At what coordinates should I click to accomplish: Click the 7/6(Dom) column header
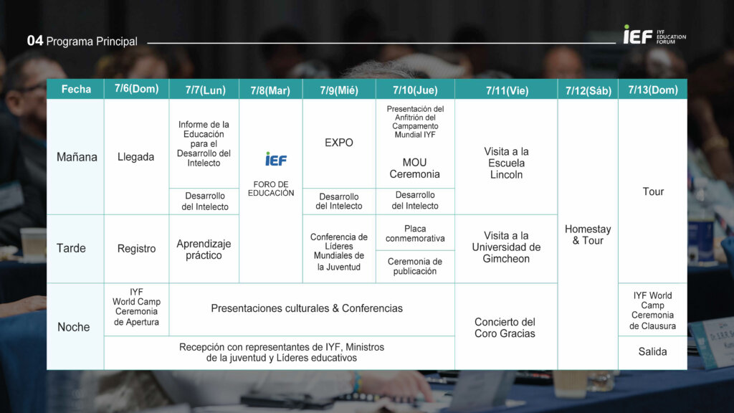pos(136,89)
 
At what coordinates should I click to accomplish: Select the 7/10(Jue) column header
pos(415,90)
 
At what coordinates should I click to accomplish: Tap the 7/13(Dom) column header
pos(652,90)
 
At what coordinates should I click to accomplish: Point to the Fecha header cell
pos(76,89)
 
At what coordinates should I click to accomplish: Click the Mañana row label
pos(77,157)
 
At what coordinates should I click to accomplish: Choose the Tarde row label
pos(71,248)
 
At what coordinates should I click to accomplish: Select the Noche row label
pos(74,327)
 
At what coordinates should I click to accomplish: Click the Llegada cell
pos(135,157)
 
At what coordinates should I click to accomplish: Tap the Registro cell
pos(136,249)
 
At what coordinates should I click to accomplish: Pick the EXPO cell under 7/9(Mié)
pos(339,143)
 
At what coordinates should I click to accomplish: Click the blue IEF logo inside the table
pos(276,159)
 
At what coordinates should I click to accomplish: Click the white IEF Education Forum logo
pos(654,35)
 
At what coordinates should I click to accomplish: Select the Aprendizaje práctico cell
pos(204,249)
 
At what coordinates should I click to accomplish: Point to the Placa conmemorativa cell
pos(415,233)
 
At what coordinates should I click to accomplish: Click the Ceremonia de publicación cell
pos(415,267)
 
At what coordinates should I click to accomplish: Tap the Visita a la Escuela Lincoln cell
pos(506,163)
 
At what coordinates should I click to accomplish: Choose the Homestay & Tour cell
pos(588,234)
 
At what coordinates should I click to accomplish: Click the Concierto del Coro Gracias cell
pos(505,327)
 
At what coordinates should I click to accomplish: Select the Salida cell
pos(652,351)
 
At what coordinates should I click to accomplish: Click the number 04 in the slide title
pos(35,41)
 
